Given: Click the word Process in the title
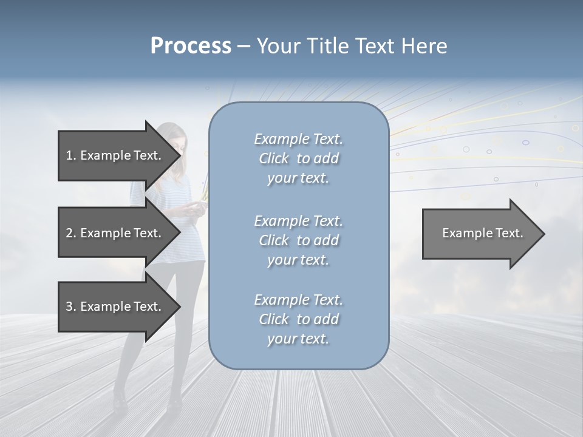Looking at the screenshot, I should [191, 46].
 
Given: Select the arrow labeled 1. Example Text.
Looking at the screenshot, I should [115, 155].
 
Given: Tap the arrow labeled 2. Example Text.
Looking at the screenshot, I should [115, 233].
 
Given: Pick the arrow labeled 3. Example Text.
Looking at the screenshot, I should [115, 307].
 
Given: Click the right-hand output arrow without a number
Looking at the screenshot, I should [480, 233].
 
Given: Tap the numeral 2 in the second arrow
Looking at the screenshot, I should [69, 233].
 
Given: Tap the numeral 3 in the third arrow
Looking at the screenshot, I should [69, 307].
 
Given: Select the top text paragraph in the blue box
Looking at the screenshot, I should [298, 158].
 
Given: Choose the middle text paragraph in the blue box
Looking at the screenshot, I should [298, 240].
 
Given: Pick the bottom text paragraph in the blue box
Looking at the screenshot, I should [298, 319].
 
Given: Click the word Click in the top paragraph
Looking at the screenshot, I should [274, 158].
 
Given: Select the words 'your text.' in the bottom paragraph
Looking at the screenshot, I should [298, 339].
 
